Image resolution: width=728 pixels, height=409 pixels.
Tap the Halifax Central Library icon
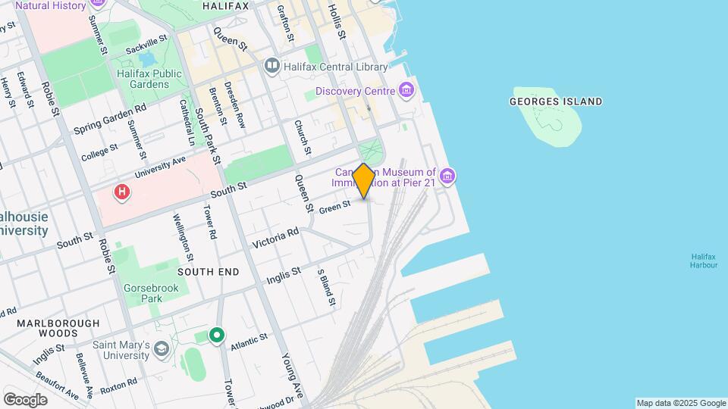272,67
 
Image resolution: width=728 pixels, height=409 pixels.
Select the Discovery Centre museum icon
407,92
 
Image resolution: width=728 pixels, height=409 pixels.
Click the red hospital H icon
121,193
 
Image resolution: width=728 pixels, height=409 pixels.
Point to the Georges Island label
556,101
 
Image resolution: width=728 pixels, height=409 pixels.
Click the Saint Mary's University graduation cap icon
161,349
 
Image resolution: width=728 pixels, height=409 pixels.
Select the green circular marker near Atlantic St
218,334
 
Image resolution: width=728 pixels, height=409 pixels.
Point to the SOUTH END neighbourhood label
209,271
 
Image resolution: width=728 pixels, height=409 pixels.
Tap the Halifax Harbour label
704,261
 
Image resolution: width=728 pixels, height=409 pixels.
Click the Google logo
25,400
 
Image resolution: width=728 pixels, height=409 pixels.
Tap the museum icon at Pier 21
447,177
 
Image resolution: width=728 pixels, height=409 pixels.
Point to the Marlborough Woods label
58,328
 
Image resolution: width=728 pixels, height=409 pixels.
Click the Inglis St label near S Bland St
284,275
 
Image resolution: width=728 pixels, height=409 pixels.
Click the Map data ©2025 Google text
681,403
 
